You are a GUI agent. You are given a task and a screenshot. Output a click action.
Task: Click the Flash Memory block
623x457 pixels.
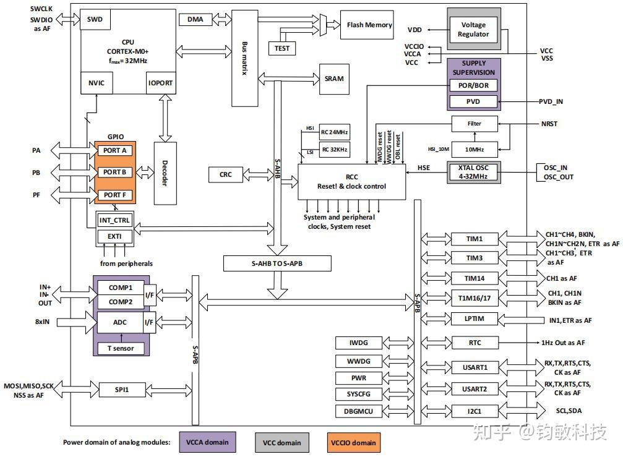click(x=369, y=25)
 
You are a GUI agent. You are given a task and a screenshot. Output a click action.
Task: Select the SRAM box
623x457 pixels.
click(x=333, y=79)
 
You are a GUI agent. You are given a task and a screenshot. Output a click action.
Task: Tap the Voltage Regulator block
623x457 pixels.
click(x=473, y=30)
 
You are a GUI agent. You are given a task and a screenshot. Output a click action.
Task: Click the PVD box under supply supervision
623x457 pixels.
click(x=473, y=101)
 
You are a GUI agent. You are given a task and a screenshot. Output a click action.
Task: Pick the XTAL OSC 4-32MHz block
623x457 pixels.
click(x=473, y=171)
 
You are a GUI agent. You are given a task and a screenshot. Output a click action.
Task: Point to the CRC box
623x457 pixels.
click(x=226, y=175)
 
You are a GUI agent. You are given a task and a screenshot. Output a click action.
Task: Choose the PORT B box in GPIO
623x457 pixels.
click(x=114, y=172)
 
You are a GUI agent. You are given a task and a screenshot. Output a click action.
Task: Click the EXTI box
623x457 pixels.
click(x=114, y=236)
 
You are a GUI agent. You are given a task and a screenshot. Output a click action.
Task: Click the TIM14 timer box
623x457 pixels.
click(x=475, y=279)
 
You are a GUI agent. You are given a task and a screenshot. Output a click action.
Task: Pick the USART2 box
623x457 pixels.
click(x=475, y=390)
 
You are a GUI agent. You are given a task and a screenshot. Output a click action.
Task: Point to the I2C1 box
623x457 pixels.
click(x=475, y=411)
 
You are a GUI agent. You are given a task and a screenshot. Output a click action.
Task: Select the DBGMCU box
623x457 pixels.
click(x=359, y=411)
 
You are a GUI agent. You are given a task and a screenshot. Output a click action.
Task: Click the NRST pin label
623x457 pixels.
click(x=548, y=124)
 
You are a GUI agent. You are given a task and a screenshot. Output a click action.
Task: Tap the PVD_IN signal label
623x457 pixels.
click(x=551, y=101)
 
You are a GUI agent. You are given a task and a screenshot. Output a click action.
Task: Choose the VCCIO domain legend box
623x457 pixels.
click(x=353, y=442)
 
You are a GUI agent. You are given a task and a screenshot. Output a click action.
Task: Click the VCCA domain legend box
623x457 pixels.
click(x=207, y=442)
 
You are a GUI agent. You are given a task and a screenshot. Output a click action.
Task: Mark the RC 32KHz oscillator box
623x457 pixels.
click(x=334, y=150)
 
